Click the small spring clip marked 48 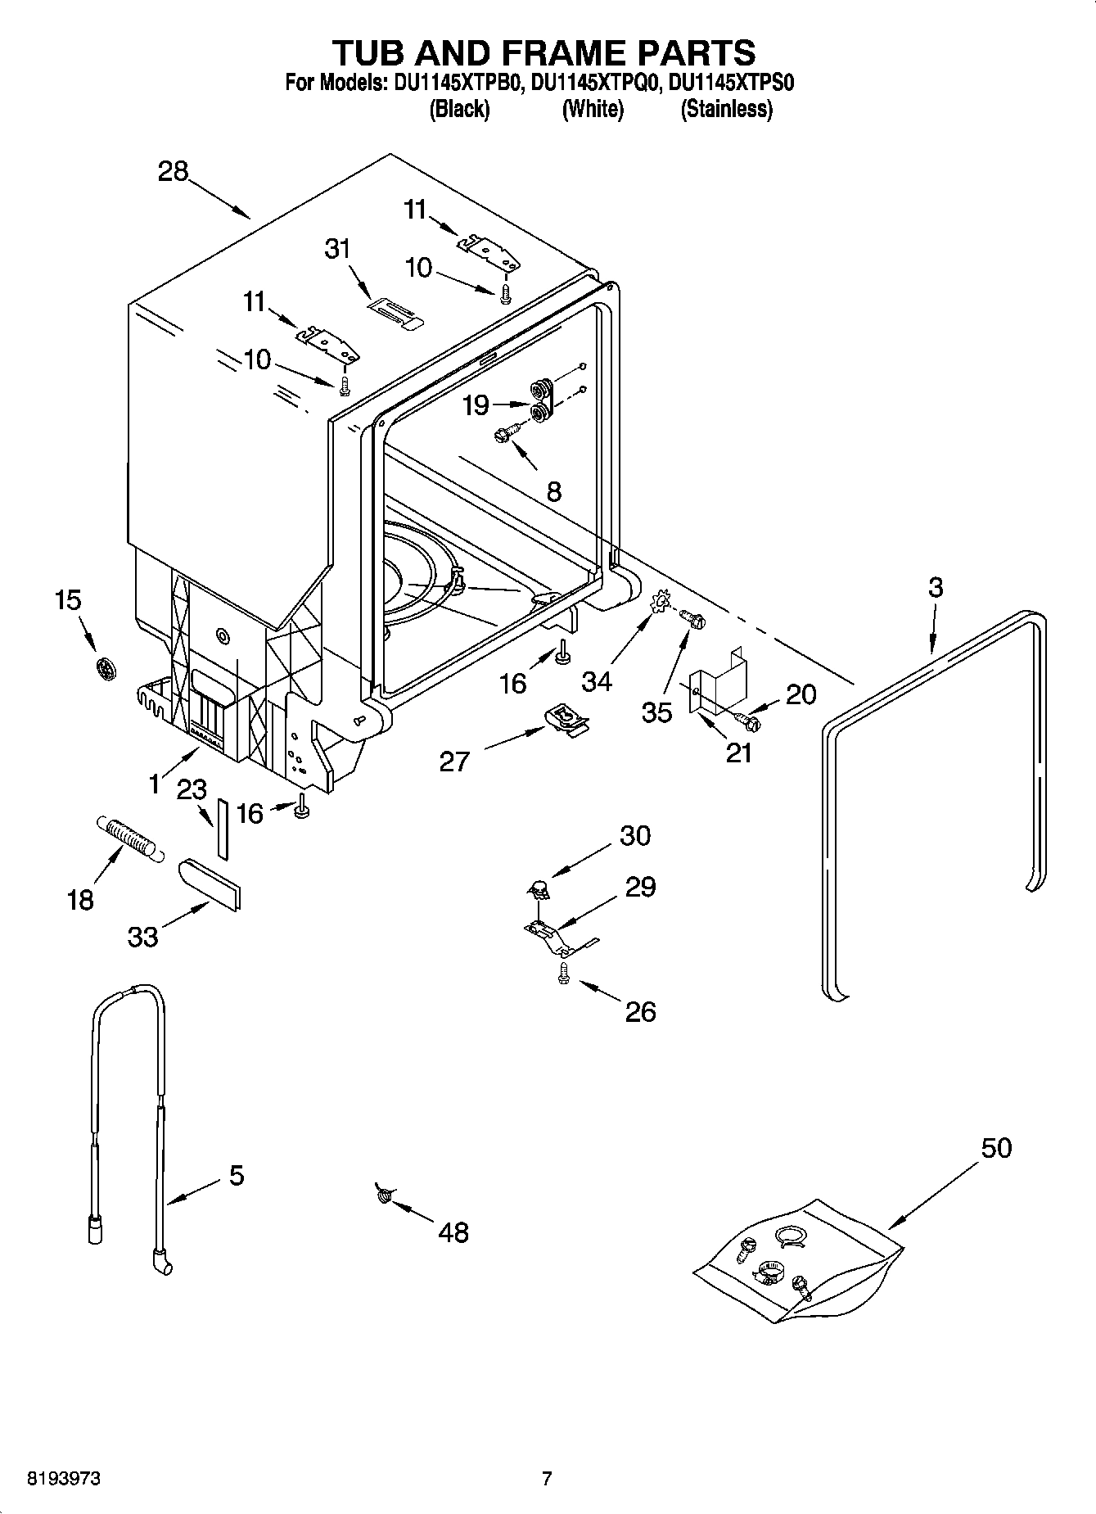click(x=382, y=1195)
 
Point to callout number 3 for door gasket click(x=936, y=587)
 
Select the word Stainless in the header click(x=726, y=109)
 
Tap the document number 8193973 click(x=65, y=1479)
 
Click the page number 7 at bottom click(x=547, y=1479)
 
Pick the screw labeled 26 click(x=563, y=973)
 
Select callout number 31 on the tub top click(x=337, y=248)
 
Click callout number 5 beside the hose click(x=236, y=1175)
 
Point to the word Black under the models click(x=459, y=109)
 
